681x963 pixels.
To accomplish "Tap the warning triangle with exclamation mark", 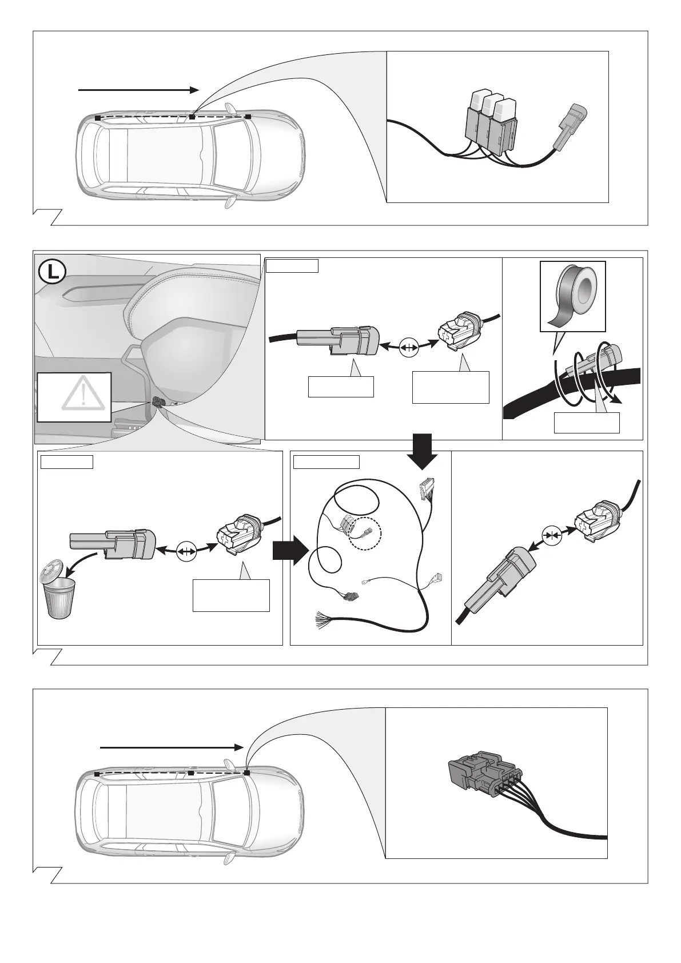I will (83, 394).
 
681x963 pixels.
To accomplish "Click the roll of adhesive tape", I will (572, 295).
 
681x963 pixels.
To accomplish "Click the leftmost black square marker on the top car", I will (98, 117).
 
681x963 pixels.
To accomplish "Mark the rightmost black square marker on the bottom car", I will (247, 773).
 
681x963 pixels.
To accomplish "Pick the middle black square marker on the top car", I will (192, 117).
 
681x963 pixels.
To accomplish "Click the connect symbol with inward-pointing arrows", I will (552, 536).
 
